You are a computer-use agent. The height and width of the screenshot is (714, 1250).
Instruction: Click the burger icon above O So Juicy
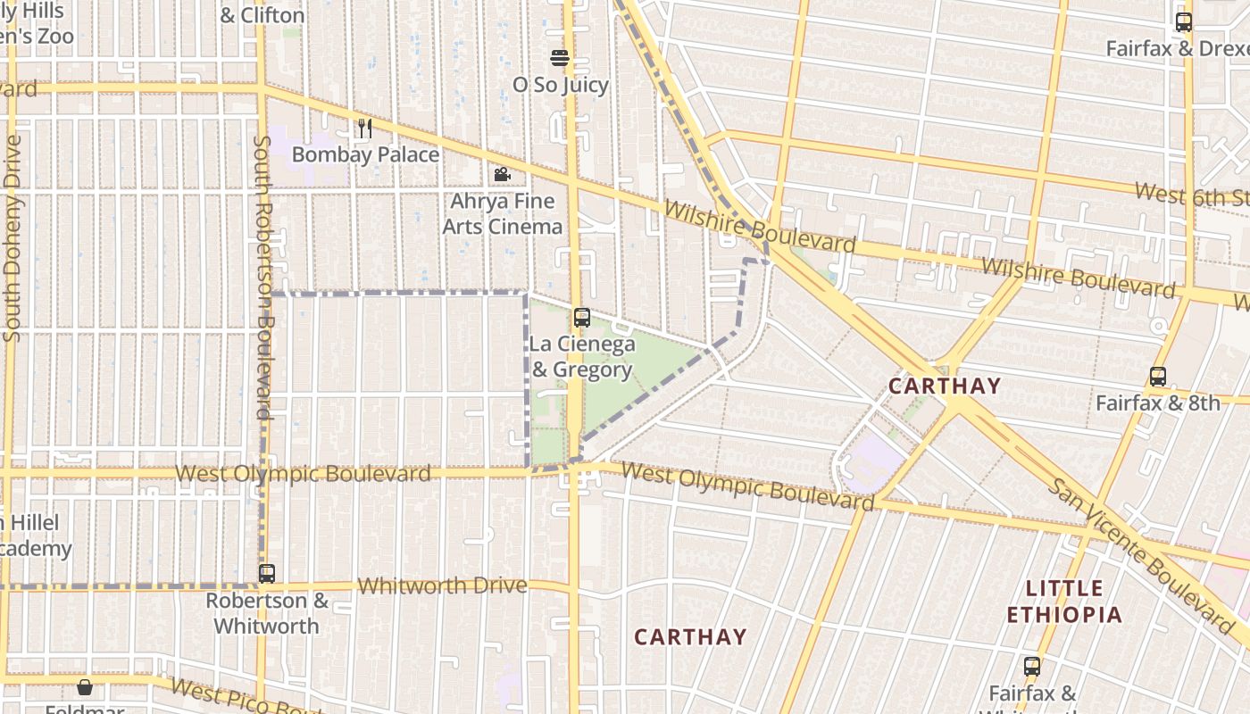click(560, 59)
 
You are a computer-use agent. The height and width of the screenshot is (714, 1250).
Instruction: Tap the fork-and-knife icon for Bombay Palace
click(364, 129)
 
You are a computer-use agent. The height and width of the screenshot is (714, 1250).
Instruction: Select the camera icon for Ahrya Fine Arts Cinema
click(502, 175)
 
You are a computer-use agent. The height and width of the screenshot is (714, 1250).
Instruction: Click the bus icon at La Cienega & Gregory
click(581, 317)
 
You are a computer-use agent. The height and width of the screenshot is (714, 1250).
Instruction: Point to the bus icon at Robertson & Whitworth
click(266, 574)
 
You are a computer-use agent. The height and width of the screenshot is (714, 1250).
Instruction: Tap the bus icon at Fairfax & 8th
click(1158, 377)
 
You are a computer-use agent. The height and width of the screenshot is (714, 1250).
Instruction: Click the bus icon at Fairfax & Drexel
click(1183, 22)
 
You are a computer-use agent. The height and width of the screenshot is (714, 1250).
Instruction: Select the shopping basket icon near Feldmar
click(84, 687)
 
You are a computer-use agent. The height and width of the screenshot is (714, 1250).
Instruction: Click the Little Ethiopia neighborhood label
click(1064, 602)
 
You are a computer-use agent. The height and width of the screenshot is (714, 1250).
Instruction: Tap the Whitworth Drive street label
click(442, 585)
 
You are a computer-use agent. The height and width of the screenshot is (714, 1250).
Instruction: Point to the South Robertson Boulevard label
click(262, 277)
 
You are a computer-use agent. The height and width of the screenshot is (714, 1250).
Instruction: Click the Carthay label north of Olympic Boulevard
click(944, 386)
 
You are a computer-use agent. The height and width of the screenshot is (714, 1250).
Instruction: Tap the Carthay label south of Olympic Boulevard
click(689, 636)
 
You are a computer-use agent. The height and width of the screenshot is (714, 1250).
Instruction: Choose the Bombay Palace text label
click(366, 154)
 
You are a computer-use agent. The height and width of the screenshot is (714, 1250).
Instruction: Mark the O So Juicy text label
click(560, 85)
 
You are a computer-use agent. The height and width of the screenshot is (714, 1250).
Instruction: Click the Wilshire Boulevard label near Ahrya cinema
click(760, 227)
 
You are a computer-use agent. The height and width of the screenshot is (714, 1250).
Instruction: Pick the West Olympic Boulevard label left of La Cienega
click(303, 473)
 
